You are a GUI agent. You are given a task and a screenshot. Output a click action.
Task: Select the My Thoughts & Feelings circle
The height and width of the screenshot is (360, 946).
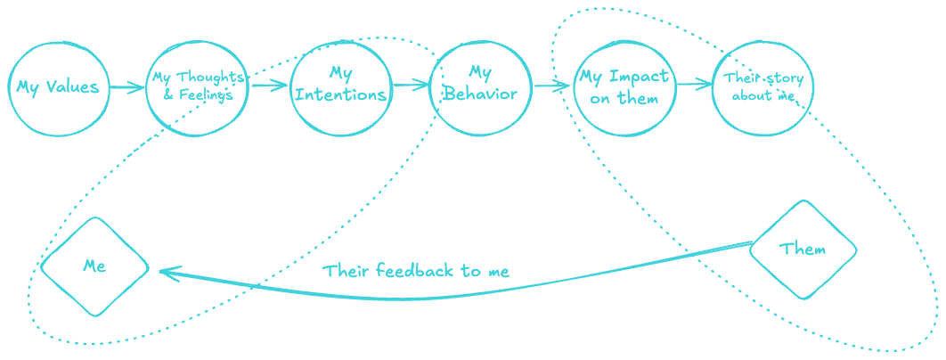(x=197, y=88)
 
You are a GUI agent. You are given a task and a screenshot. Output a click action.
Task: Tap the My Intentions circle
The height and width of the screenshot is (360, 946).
(x=340, y=88)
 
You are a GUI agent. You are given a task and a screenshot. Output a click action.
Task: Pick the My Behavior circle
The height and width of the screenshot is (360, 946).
(x=480, y=88)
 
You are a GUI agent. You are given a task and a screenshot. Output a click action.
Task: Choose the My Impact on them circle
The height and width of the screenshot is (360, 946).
(x=624, y=88)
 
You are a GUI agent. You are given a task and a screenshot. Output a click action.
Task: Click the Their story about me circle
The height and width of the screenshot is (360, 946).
(x=763, y=88)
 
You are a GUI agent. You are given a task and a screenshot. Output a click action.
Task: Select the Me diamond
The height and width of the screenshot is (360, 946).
(x=94, y=266)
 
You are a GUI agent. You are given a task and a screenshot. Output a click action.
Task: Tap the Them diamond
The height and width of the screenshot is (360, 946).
(x=803, y=249)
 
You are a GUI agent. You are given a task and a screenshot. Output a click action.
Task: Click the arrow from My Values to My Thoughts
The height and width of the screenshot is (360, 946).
(x=127, y=87)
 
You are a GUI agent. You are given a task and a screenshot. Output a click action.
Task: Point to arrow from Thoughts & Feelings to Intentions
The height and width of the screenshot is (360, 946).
(x=269, y=86)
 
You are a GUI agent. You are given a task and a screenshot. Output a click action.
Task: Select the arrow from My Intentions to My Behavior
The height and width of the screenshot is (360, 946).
(x=411, y=86)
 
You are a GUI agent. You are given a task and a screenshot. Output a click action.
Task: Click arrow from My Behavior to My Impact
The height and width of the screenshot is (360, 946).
(x=551, y=86)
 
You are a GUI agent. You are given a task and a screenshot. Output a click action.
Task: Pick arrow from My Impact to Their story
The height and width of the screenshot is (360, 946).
(x=694, y=86)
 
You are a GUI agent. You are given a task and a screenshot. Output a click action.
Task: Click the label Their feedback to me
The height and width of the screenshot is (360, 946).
(x=416, y=271)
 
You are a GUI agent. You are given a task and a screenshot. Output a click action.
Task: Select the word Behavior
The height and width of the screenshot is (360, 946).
(x=480, y=94)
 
